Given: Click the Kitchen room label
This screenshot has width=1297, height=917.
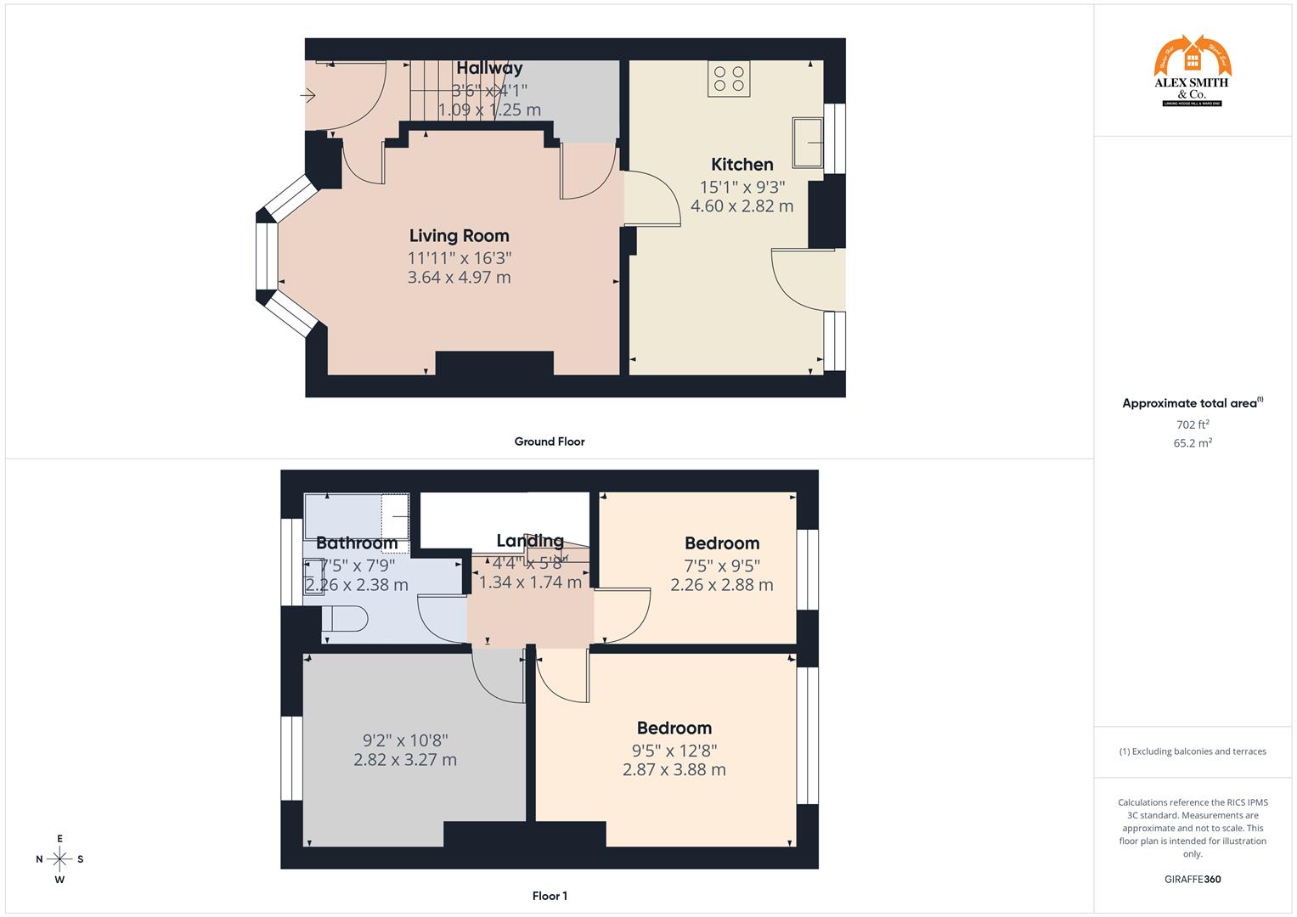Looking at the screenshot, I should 742,165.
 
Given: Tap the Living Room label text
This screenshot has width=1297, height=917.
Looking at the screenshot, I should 459,236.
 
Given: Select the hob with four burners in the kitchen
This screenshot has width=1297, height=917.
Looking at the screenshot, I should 729,79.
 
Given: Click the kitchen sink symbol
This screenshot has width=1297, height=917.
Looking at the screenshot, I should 808,142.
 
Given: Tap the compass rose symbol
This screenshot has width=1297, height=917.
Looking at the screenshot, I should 59,858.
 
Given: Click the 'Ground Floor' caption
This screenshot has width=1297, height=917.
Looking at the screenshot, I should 549,442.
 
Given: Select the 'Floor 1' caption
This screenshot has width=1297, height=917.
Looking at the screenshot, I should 549,896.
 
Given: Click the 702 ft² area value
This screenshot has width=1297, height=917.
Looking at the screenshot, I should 1193,425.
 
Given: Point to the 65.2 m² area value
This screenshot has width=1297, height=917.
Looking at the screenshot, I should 1193,442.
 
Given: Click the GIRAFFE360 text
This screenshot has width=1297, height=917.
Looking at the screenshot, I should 1193,880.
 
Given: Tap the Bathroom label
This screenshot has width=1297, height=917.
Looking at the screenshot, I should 357,543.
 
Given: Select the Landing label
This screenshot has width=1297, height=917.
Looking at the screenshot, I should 530,541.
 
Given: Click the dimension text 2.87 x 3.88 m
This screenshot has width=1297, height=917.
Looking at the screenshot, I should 674,770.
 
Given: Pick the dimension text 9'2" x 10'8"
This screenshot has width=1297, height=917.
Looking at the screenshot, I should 405,740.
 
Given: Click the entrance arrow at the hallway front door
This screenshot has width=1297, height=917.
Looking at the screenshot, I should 307,96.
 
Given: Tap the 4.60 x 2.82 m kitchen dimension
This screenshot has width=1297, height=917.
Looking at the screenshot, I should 742,206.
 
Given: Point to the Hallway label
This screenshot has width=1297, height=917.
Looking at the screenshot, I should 489,68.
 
